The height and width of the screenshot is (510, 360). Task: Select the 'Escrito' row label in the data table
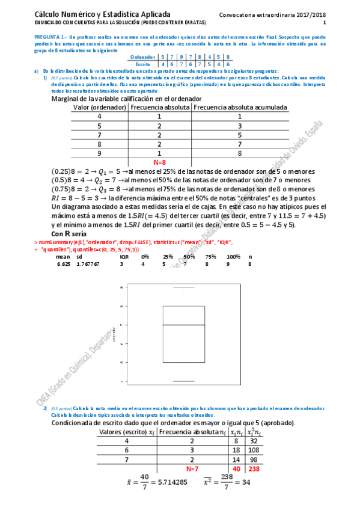point(144,63)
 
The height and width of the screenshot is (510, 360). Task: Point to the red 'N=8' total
point(160,162)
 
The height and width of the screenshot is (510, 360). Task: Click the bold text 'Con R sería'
point(69,233)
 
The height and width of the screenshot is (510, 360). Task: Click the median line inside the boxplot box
point(184,325)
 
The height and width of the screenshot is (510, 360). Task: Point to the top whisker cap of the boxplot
point(184,287)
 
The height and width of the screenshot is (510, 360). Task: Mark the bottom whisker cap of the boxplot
point(184,381)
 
